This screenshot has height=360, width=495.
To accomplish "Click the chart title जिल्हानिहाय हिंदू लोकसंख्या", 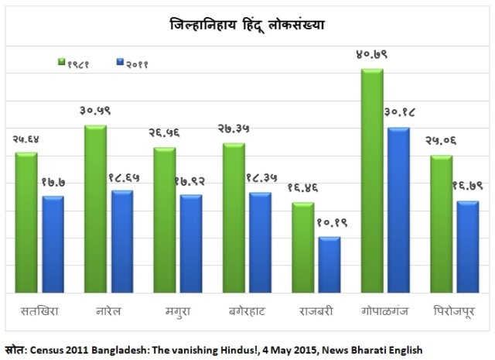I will point(247,25).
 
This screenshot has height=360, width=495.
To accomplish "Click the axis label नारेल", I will point(108,312).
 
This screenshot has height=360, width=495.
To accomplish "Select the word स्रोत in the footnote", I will point(13,349).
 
